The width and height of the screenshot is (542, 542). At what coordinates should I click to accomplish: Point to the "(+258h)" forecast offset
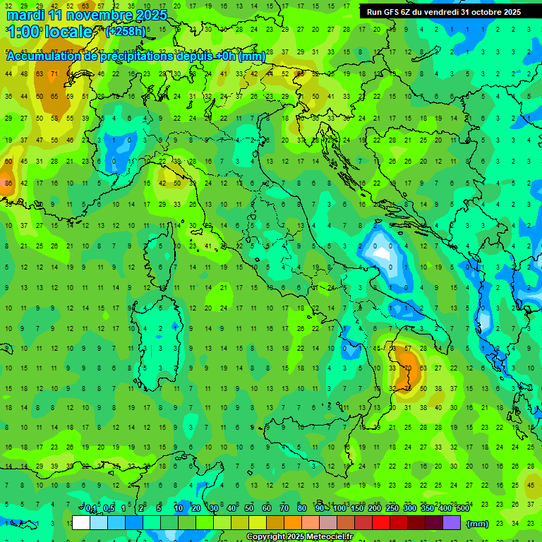point(126,32)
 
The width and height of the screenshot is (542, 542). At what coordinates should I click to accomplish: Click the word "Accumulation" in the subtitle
point(44,56)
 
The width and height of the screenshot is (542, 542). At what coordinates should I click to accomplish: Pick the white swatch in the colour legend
point(81,523)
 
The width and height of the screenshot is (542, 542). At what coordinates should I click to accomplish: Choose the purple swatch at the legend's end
point(452,523)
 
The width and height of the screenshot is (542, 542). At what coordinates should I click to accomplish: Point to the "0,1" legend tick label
point(92,509)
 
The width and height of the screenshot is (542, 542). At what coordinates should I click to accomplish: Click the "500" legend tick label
point(463,509)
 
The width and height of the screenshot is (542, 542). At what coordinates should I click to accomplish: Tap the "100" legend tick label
point(339,509)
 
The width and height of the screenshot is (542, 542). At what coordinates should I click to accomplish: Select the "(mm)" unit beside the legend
point(478,524)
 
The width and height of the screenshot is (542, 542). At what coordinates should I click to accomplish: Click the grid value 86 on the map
point(8,183)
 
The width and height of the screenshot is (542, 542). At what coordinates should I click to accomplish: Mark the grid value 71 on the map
point(55,73)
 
